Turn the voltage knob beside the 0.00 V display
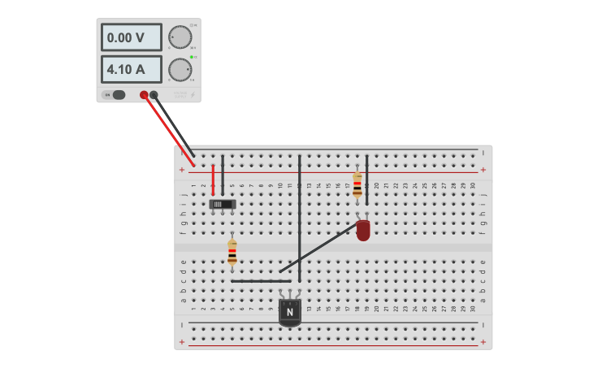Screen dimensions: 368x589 (x=179, y=37)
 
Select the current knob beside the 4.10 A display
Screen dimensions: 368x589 (x=179, y=70)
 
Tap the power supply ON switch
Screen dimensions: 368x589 (x=119, y=94)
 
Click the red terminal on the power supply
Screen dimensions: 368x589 (x=144, y=94)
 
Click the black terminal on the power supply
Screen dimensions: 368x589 (x=154, y=94)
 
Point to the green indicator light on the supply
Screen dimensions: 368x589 (x=191, y=57)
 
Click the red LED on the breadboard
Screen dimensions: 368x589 (x=362, y=230)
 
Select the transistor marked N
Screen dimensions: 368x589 (x=290, y=311)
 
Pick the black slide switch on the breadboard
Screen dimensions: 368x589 (x=223, y=204)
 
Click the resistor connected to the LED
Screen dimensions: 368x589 (x=357, y=185)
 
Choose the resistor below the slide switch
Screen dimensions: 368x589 (x=232, y=252)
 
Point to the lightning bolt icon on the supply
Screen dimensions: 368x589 (x=192, y=95)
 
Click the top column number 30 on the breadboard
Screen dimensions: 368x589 (x=473, y=185)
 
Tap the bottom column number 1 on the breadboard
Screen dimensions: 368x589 (x=193, y=309)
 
